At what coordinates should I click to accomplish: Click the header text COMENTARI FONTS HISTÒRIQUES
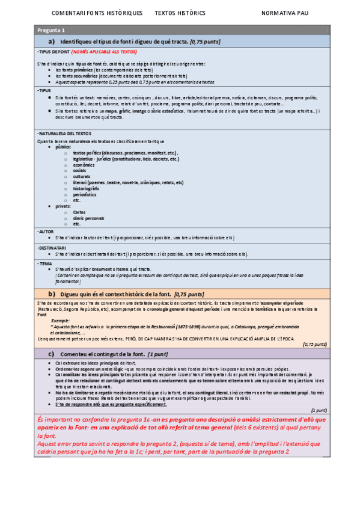(x=97, y=13)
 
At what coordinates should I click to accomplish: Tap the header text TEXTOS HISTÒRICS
(x=180, y=13)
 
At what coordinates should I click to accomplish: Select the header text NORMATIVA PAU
(x=285, y=13)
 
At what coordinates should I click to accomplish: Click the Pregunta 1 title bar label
(x=51, y=30)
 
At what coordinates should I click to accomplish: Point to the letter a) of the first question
(x=52, y=41)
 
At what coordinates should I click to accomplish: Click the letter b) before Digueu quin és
(x=52, y=293)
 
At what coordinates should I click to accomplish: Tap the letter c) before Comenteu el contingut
(x=52, y=354)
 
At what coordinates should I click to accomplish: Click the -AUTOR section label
(x=45, y=231)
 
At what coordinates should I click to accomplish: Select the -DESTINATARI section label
(x=52, y=247)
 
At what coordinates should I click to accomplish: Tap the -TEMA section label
(x=44, y=263)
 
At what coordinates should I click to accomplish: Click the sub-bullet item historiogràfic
(x=87, y=189)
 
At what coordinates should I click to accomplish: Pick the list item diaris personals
(x=88, y=218)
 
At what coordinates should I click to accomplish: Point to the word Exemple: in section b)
(x=59, y=321)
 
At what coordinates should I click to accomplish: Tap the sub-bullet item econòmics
(x=84, y=164)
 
